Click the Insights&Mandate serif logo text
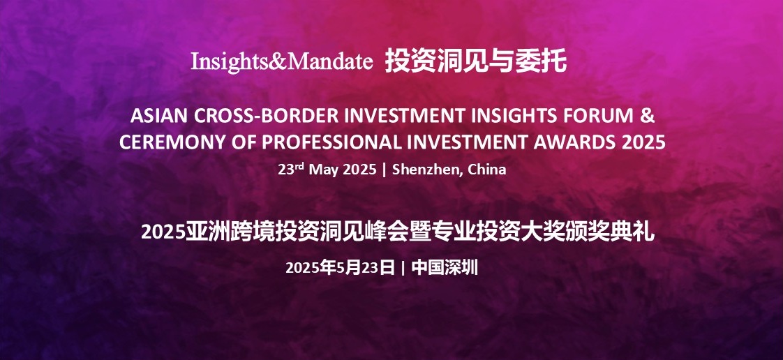(x=282, y=61)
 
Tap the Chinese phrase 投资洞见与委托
(x=476, y=62)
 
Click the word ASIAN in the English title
(x=158, y=116)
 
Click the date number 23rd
(x=291, y=169)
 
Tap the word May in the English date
(x=322, y=170)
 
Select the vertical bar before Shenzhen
(x=384, y=170)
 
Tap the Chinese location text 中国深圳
(x=445, y=268)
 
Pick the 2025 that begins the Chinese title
(x=163, y=233)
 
